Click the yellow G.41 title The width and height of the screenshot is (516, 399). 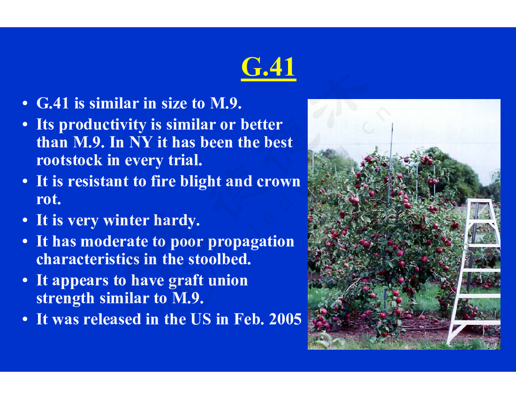point(268,67)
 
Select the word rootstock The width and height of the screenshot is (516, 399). point(69,161)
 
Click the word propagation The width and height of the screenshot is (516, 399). point(251,242)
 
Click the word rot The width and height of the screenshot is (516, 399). point(48,199)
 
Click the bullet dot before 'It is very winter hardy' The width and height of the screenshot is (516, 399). point(25,220)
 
